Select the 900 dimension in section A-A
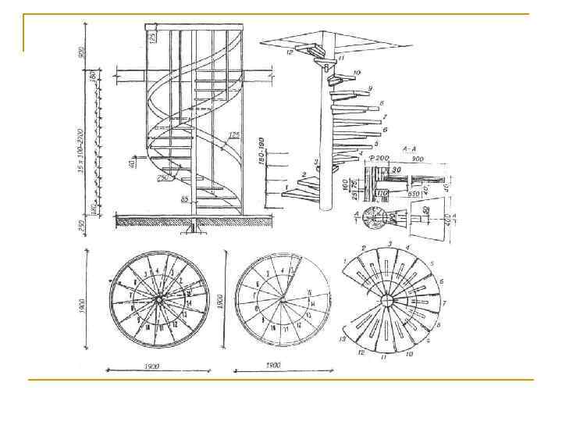point(418,158)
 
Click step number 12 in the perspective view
point(289,52)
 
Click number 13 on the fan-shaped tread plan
point(341,341)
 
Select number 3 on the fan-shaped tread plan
point(389,244)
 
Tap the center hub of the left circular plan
point(159,301)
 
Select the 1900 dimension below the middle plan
point(273,366)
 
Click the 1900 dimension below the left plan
point(152,366)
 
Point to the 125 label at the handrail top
point(153,36)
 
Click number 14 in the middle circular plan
point(313,302)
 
